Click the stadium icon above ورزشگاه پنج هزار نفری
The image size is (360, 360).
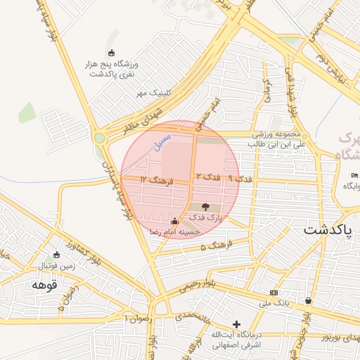coord(110,53)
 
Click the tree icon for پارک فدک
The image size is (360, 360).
coord(205,207)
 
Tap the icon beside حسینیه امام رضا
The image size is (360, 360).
coord(174,221)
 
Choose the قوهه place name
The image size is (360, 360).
coord(44,285)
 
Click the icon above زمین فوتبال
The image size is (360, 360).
coord(57,255)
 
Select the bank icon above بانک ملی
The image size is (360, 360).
coord(274,292)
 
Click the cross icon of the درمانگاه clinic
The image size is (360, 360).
coord(237,326)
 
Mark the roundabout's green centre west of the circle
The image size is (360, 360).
coord(101,138)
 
